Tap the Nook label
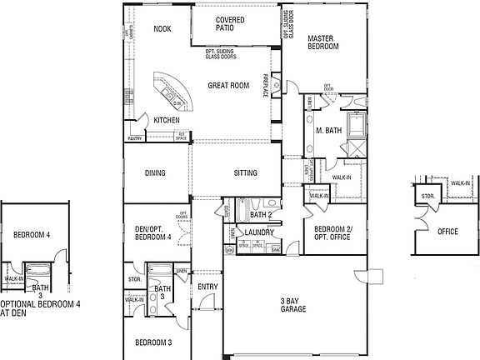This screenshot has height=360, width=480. pos(162,29)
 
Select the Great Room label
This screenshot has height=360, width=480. pos(229,85)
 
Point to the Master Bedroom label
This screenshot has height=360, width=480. pos(322,42)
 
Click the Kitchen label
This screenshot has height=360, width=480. pos(167,121)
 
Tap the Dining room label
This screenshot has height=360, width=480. pos(155,173)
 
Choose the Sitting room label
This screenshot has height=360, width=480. pos(245,173)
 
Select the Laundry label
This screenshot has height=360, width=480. pos(260,232)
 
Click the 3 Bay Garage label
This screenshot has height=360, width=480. pos(293,305)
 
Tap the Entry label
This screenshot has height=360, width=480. pos(207,287)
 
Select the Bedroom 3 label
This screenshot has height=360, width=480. pos(153,342)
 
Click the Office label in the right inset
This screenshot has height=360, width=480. pos(447,232)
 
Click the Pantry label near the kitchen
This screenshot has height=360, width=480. pos(135,138)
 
